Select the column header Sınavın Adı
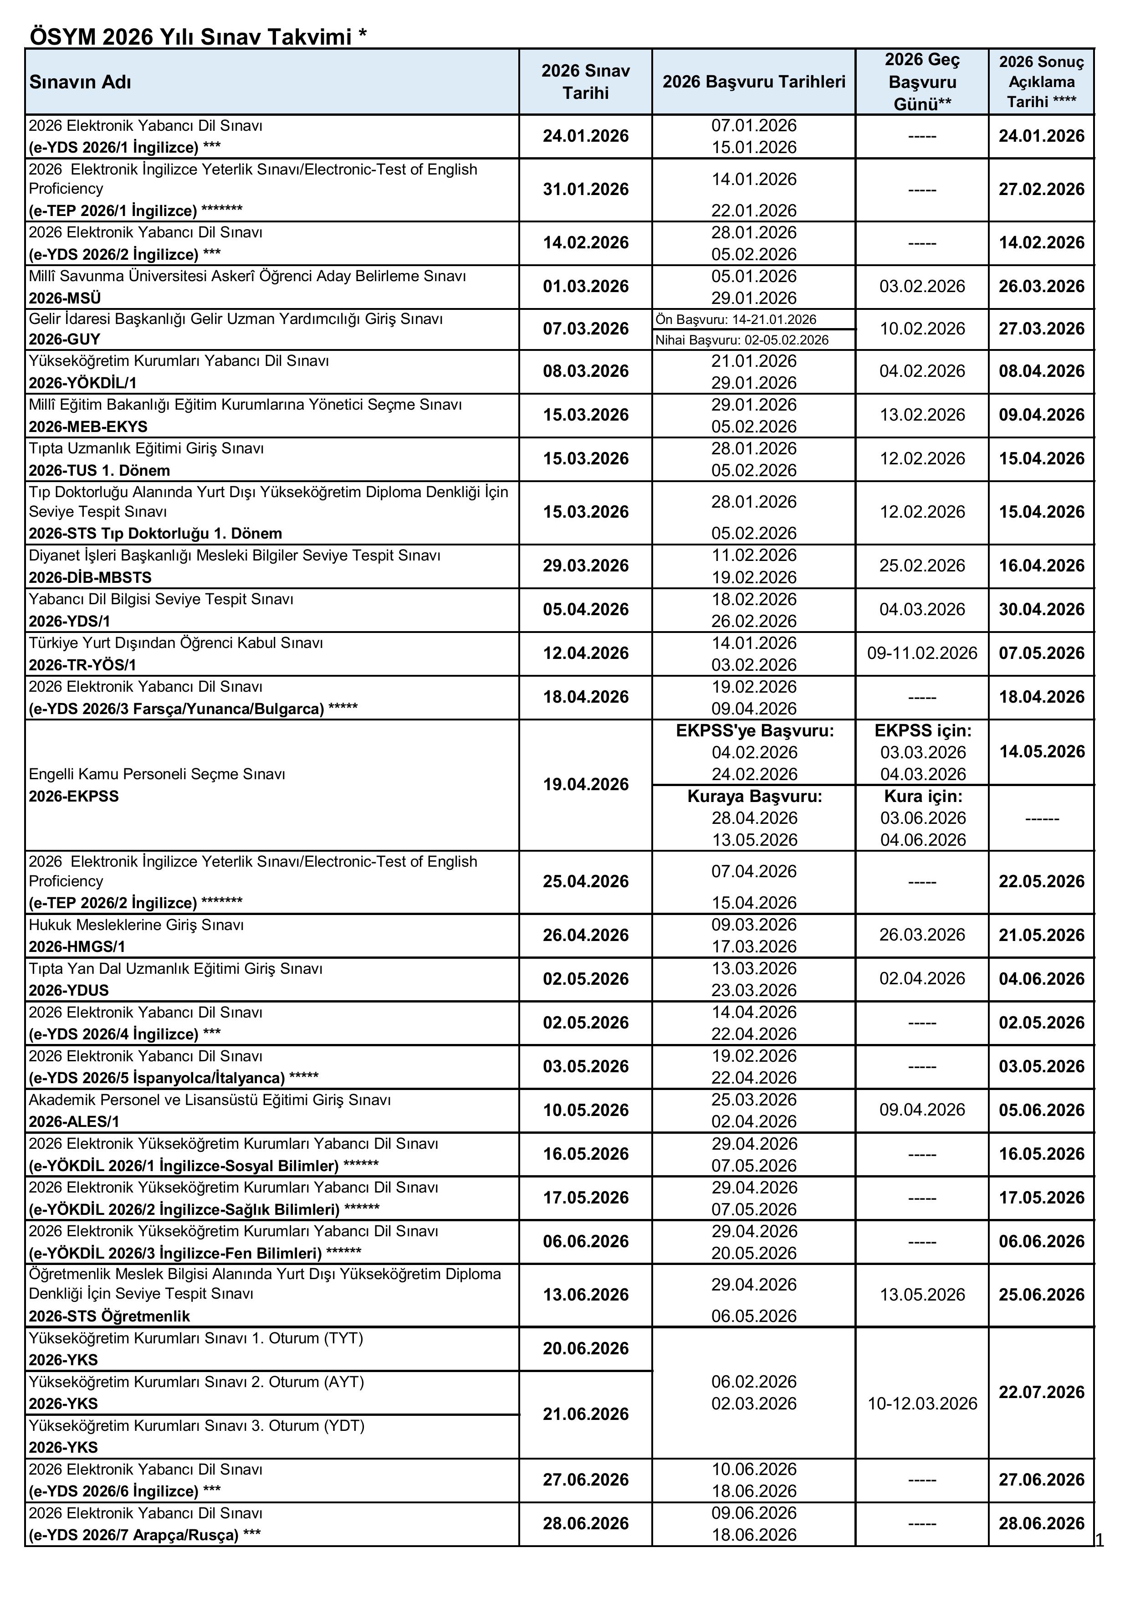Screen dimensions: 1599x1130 click(x=80, y=82)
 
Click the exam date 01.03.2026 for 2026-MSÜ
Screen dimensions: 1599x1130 click(x=586, y=286)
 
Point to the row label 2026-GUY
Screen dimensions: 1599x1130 click(x=65, y=339)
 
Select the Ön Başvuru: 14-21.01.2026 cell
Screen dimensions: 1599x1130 click(x=736, y=319)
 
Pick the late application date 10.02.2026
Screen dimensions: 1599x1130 click(x=922, y=329)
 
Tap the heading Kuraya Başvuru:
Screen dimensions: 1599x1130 click(x=754, y=796)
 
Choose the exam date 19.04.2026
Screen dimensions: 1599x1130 click(x=586, y=785)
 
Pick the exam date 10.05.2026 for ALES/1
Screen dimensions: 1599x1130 click(x=586, y=1110)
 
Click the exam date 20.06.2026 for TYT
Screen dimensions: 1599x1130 click(x=586, y=1348)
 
